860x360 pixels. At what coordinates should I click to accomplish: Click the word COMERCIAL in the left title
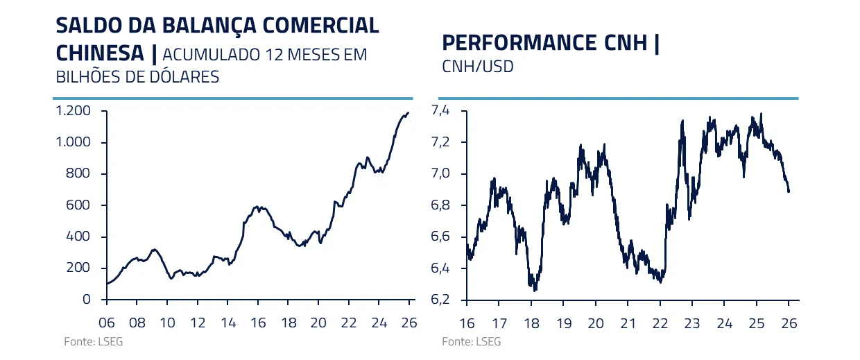click(325, 25)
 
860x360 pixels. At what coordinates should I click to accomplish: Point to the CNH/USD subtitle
click(477, 67)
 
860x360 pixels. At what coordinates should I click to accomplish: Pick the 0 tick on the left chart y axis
click(86, 300)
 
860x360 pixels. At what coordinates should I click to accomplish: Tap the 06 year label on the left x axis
click(107, 323)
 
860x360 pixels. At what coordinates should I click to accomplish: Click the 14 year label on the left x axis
click(227, 323)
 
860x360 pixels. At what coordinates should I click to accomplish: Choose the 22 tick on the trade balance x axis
click(349, 323)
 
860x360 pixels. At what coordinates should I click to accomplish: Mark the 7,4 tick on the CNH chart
click(440, 111)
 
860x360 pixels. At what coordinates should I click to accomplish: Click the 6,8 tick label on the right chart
click(440, 205)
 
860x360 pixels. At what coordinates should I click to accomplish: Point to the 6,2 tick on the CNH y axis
click(440, 300)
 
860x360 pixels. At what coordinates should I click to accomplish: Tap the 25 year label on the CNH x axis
click(757, 323)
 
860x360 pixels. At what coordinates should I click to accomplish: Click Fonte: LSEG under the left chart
click(83, 342)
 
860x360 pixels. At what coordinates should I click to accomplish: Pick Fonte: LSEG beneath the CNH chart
click(471, 342)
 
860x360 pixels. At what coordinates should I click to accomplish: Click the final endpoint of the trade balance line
click(409, 112)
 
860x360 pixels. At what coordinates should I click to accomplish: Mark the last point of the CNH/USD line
click(789, 191)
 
